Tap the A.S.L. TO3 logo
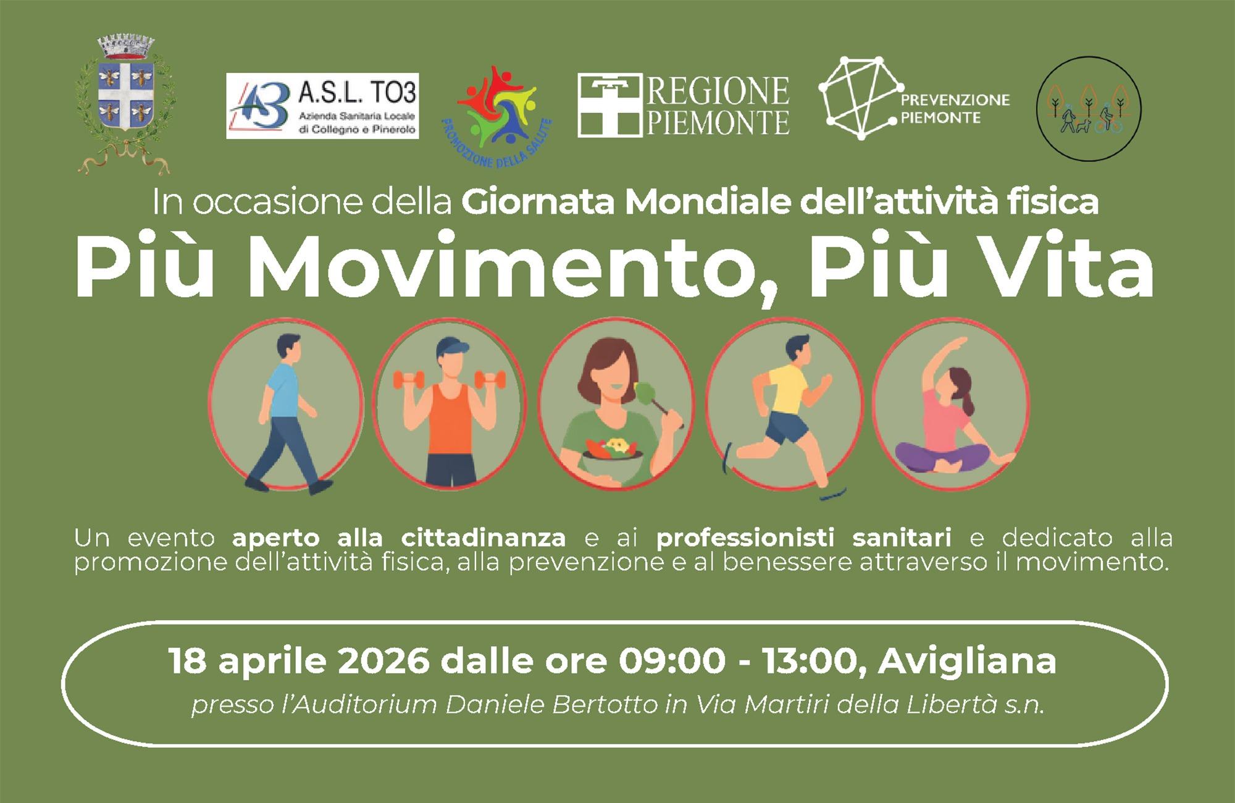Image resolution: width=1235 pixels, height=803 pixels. click(322, 106)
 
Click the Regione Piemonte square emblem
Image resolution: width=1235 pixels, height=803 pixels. click(608, 105)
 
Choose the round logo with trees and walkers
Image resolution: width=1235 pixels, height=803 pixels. click(1088, 110)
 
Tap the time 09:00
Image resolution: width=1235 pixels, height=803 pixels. click(673, 662)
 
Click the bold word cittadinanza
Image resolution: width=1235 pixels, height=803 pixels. click(484, 538)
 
